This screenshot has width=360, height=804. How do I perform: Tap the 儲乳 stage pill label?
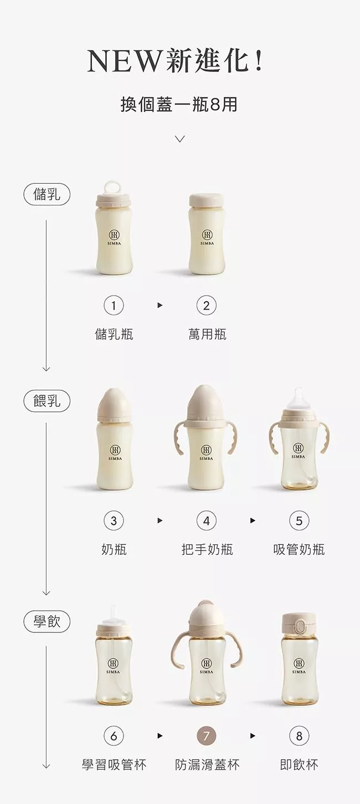pos(47,195)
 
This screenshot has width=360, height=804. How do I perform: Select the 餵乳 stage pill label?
pos(47,400)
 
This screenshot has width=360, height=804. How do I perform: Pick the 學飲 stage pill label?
pos(47,621)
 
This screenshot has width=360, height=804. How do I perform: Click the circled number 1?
pos(114,306)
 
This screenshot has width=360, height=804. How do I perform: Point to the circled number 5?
pos(299,520)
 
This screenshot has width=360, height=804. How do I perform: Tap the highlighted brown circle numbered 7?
pos(207,736)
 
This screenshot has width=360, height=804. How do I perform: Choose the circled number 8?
pos(299,736)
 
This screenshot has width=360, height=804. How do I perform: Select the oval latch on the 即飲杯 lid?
pos(299,627)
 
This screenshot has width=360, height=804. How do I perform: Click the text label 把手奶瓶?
pos(207,549)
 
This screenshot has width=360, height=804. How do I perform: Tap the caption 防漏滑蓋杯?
pos(207,765)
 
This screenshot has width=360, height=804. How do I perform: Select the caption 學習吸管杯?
pos(114,765)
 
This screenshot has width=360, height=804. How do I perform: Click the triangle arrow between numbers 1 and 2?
pos(160,306)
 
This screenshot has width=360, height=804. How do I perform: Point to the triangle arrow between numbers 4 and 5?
pos(253,520)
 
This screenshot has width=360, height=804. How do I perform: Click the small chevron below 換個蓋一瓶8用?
pos(180,138)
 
